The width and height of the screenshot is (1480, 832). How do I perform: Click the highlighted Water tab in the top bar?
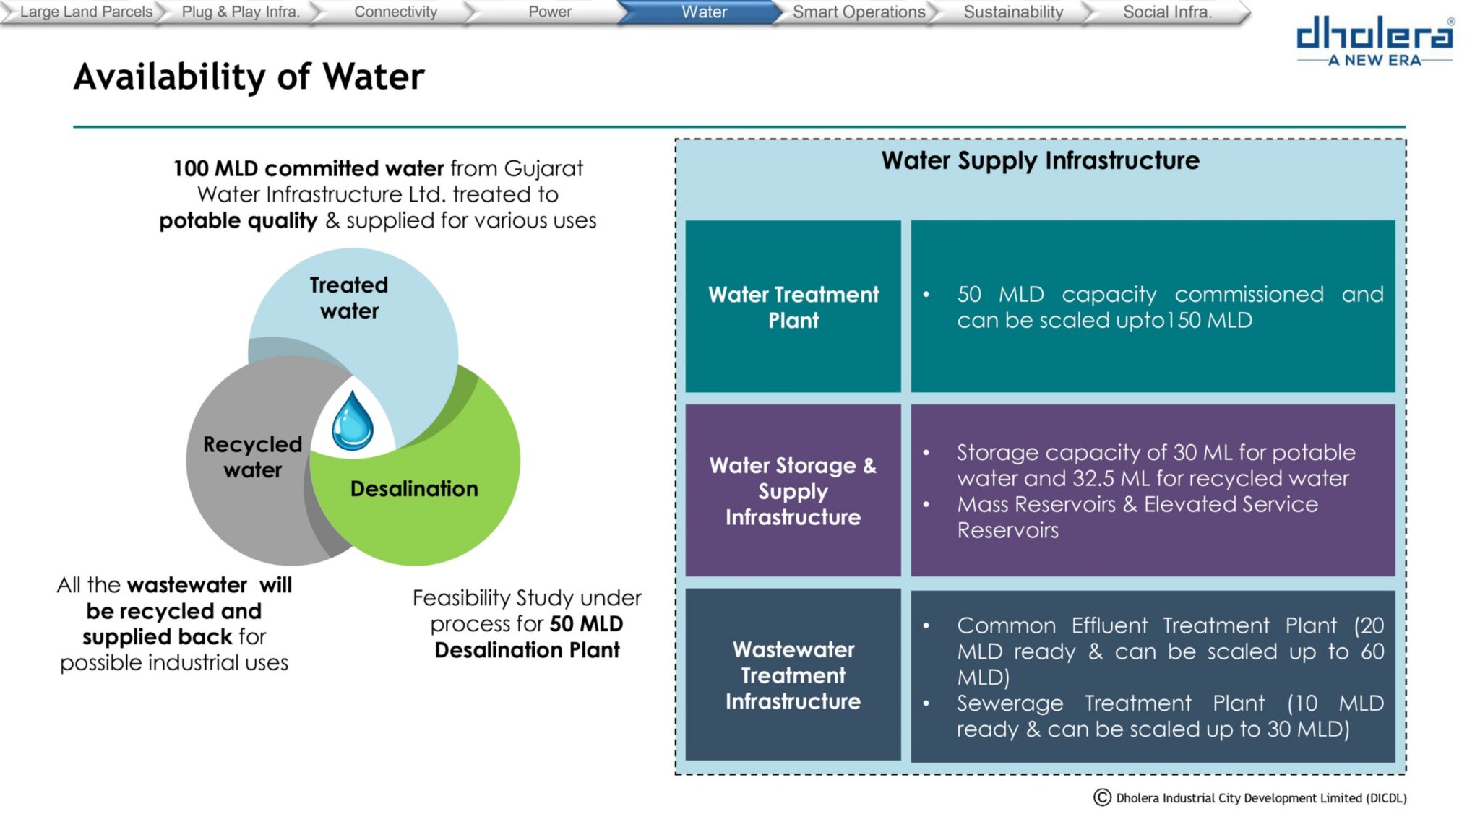coord(704,12)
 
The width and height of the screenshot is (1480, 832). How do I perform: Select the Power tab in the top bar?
coord(549,12)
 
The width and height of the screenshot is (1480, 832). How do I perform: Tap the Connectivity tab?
coord(395,12)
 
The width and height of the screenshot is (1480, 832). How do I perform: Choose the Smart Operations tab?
coord(859,12)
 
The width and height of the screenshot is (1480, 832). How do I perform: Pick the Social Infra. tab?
coord(1167,12)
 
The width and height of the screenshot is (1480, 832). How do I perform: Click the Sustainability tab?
coord(1013,12)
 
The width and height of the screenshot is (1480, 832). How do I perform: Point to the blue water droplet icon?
coord(353,420)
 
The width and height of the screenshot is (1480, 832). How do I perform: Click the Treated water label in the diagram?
coord(349,298)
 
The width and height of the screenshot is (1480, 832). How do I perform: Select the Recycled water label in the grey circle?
coord(252,456)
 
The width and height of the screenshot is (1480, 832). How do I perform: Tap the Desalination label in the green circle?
coord(414,489)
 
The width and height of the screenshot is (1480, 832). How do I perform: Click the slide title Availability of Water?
coord(249,77)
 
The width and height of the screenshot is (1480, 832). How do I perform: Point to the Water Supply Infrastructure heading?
coord(1040,160)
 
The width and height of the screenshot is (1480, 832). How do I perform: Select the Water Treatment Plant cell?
coord(793,306)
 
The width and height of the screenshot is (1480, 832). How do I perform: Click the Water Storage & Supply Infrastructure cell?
coord(793,490)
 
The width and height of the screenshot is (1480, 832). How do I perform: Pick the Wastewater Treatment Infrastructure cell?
coord(793,675)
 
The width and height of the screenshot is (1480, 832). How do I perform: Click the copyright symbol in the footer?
coord(1102,797)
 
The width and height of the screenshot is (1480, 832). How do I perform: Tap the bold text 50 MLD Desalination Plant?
coord(528,636)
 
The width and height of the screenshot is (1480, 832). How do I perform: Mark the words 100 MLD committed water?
coord(309,168)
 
